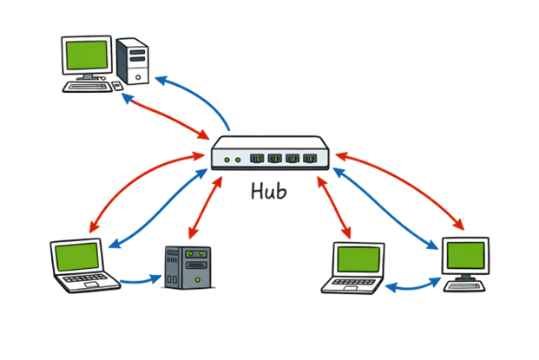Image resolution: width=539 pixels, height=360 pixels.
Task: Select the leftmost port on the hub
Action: coord(258,159)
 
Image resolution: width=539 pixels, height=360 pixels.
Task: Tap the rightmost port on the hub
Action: coord(312,159)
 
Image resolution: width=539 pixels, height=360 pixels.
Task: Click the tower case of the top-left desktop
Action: coord(135,61)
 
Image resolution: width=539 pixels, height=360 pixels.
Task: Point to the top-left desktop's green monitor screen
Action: coord(87,56)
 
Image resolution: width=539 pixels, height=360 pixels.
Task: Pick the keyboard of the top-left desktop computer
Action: coord(91,85)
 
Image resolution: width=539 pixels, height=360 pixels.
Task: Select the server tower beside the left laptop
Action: coord(187,267)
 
